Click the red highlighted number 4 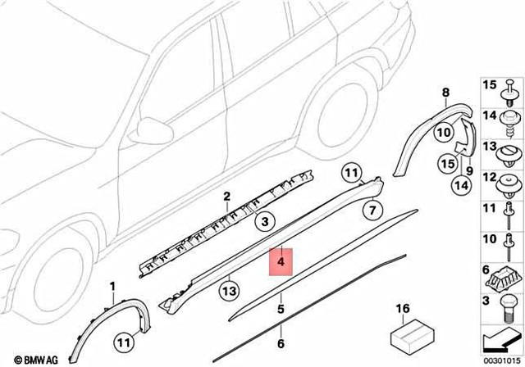[281, 263]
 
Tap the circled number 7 [371, 211]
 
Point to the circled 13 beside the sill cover [230, 290]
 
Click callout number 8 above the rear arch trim [446, 93]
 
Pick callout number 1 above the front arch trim [113, 285]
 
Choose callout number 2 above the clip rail [227, 197]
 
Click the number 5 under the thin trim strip [281, 310]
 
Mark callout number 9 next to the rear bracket [470, 171]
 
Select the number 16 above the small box [402, 308]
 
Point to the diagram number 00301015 [501, 359]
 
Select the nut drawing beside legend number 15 [507, 86]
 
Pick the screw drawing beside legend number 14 [507, 120]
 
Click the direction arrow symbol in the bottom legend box [500, 338]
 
